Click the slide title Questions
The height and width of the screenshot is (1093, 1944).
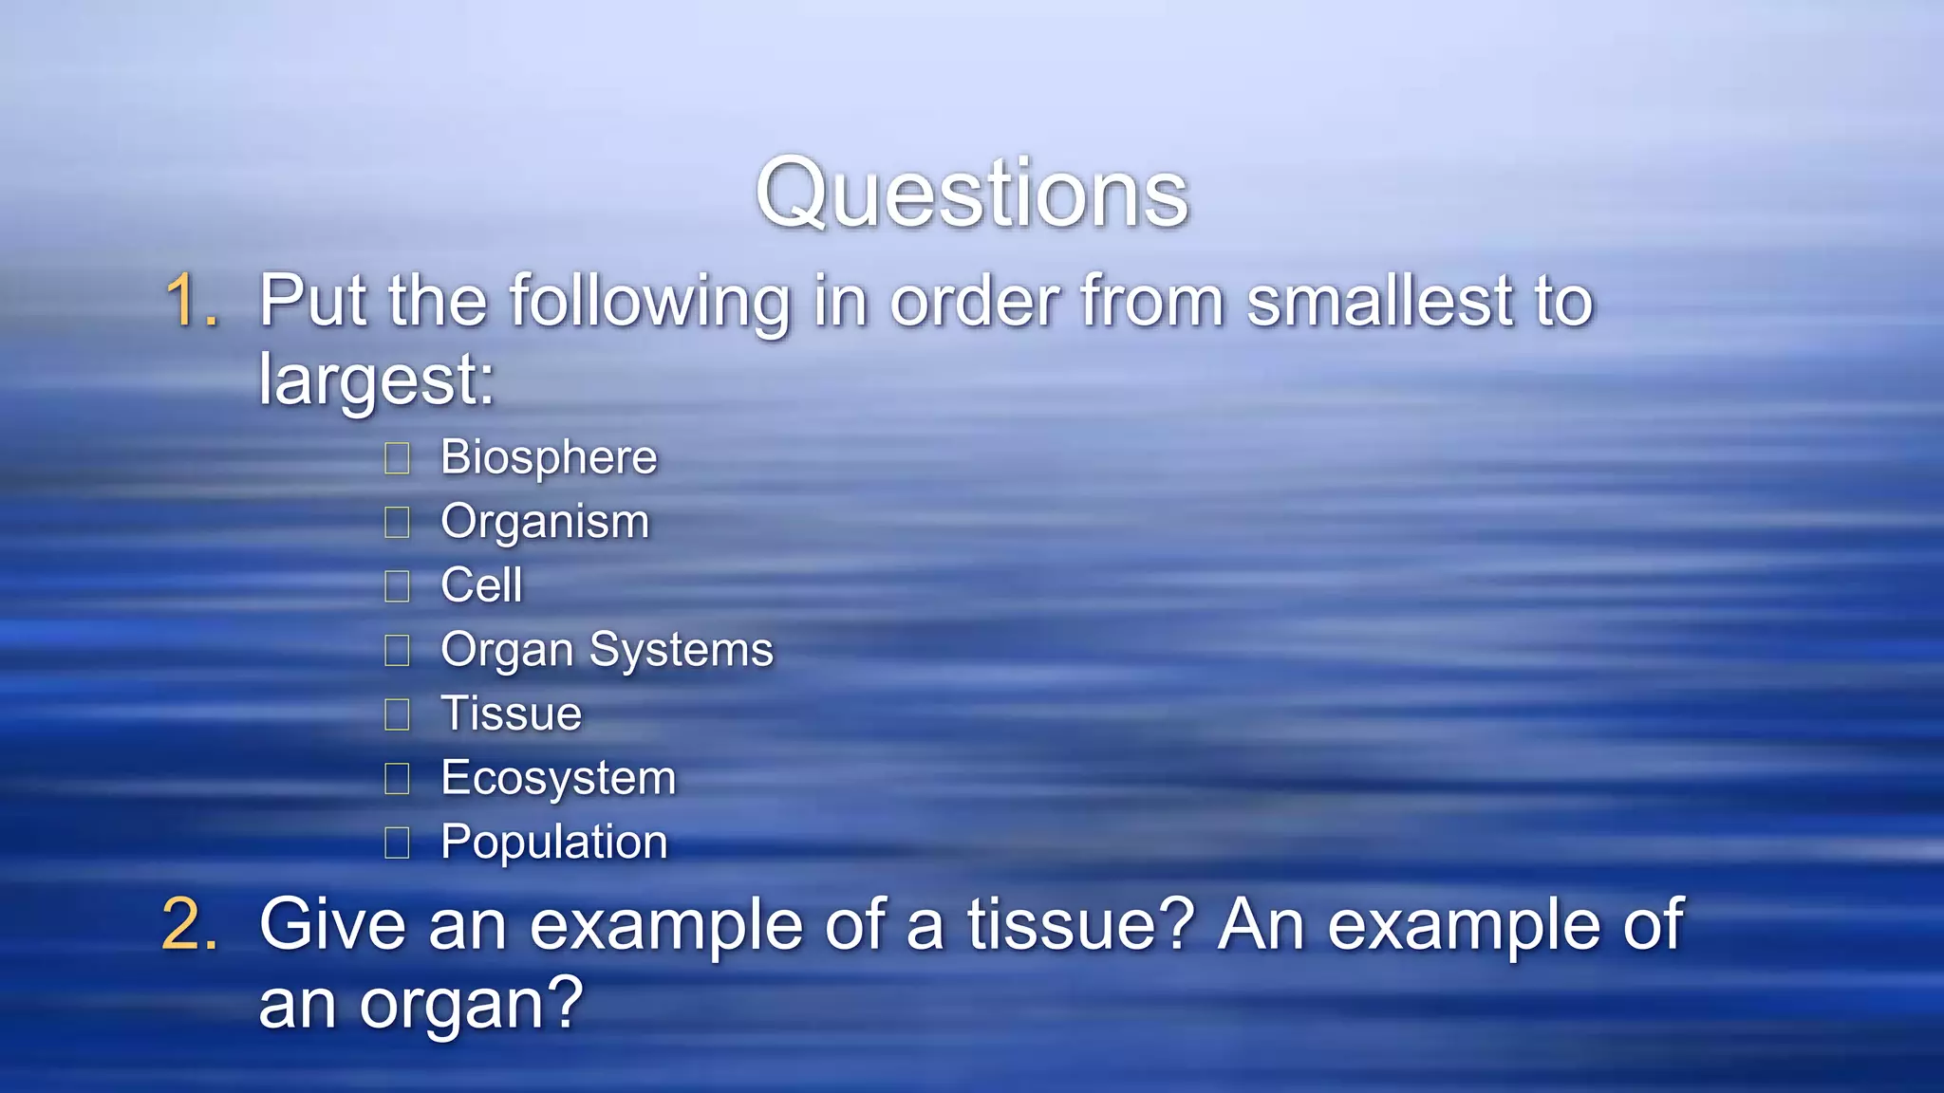[971, 194]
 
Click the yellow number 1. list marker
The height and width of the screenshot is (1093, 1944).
[193, 302]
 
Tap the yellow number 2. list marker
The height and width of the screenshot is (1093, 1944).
[191, 924]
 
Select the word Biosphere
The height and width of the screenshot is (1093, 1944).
[549, 458]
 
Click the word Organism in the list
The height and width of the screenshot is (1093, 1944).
[545, 523]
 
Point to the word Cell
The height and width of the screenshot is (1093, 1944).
[481, 585]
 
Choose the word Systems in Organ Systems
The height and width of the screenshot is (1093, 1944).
[681, 651]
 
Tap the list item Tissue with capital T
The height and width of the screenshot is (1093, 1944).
[511, 713]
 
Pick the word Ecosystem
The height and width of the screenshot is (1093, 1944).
[558, 779]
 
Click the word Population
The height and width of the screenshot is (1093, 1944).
[554, 843]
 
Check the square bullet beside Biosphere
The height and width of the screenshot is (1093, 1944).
[397, 459]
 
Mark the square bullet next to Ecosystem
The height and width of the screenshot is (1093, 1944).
[397, 779]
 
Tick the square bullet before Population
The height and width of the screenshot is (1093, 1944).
[397, 843]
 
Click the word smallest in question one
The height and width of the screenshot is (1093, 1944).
[1380, 302]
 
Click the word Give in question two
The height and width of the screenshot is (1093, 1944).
[332, 924]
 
